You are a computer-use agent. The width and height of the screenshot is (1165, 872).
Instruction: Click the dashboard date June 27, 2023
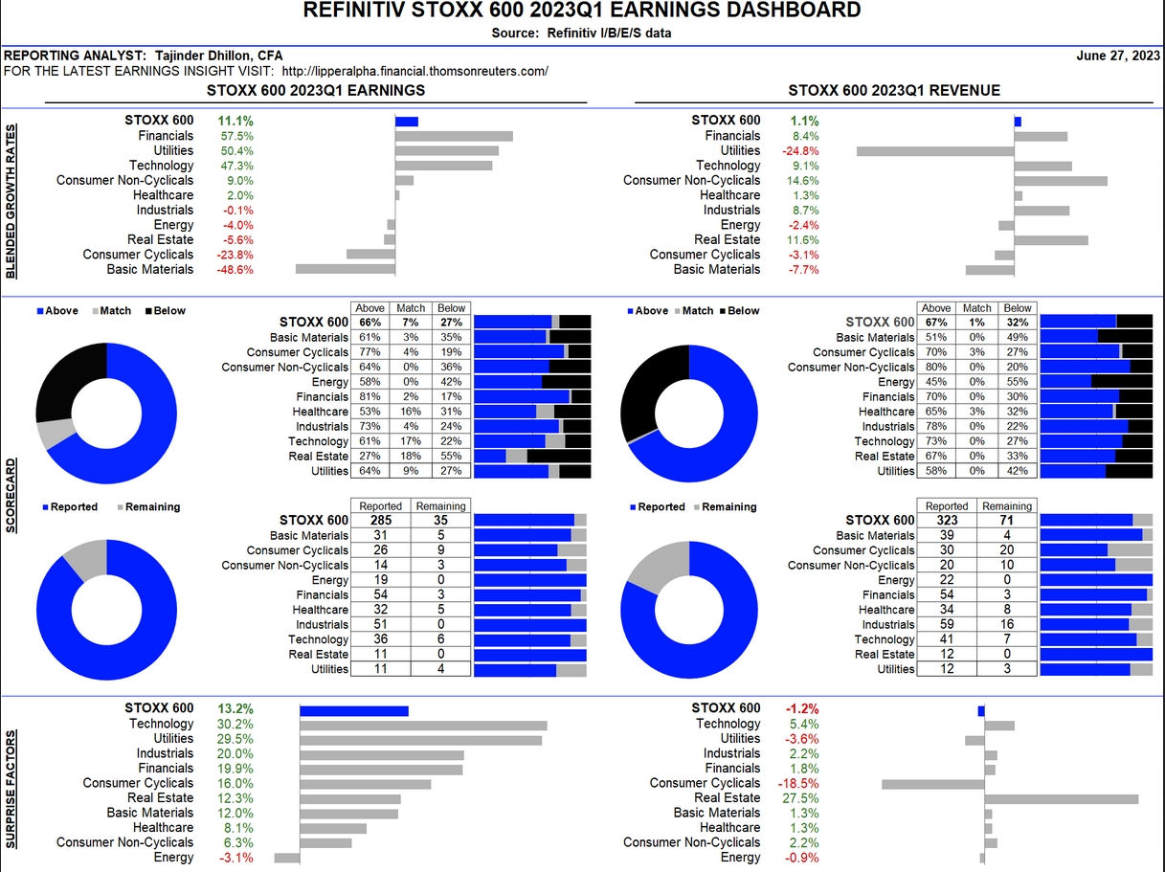pyautogui.click(x=1118, y=56)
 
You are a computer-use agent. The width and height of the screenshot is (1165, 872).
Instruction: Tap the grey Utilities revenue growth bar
pyautogui.click(x=934, y=151)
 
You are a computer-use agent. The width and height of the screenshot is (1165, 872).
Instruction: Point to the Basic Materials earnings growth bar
pyautogui.click(x=345, y=269)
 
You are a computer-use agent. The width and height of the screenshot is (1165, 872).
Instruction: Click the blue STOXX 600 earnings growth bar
pyautogui.click(x=407, y=122)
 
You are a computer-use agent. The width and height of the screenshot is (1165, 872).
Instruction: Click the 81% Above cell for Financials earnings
pyautogui.click(x=370, y=396)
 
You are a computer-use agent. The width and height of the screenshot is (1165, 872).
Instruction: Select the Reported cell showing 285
pyautogui.click(x=380, y=521)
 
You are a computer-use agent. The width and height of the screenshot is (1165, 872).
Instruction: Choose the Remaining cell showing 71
pyautogui.click(x=1007, y=521)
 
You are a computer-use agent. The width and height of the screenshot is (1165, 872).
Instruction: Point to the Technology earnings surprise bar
pyautogui.click(x=423, y=725)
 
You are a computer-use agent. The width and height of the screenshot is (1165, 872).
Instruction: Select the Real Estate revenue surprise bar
pyautogui.click(x=1062, y=798)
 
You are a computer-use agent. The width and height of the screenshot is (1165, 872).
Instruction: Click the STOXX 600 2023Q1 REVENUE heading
pyautogui.click(x=894, y=91)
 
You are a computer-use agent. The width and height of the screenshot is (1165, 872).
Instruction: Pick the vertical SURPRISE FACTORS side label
pyautogui.click(x=12, y=790)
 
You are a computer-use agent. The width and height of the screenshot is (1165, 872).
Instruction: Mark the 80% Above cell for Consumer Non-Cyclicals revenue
pyautogui.click(x=936, y=368)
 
